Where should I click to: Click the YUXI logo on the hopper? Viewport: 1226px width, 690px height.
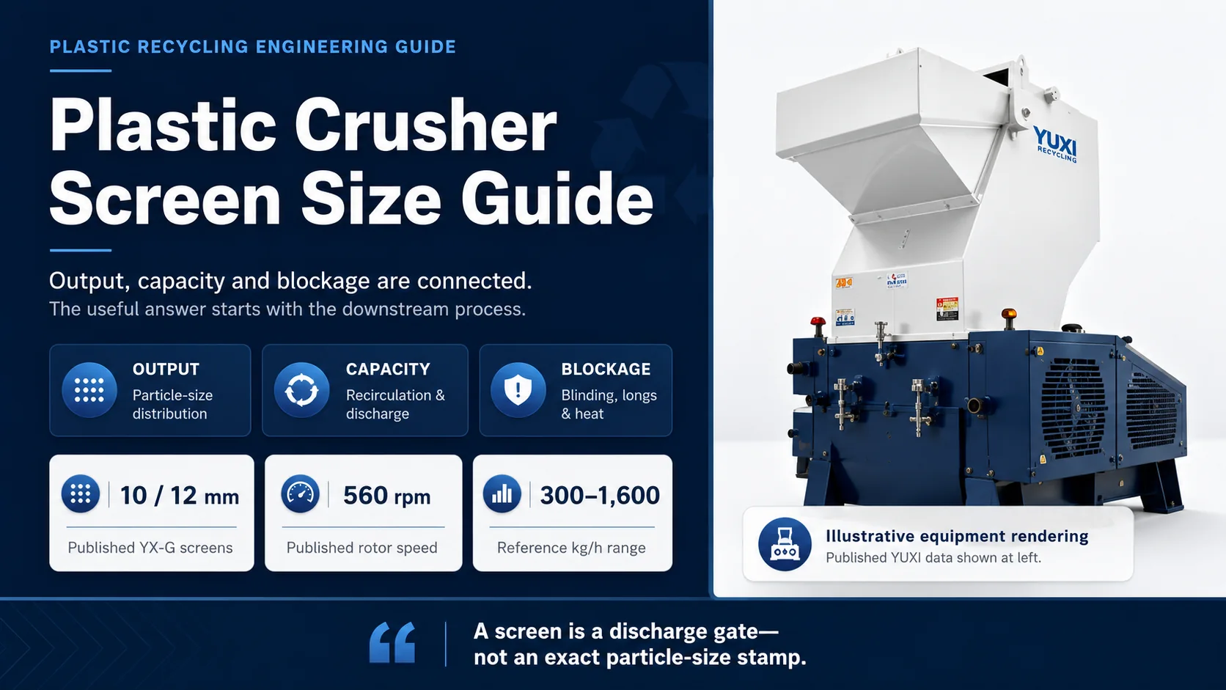pos(1055,144)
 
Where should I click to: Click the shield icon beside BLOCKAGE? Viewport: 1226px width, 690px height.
pos(518,390)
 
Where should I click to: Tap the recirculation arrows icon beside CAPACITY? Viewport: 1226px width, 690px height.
pos(301,390)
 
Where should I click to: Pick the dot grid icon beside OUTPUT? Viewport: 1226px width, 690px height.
pos(89,390)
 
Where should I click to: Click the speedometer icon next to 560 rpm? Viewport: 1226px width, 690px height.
pos(300,494)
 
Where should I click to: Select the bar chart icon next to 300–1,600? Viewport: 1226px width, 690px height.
pos(502,494)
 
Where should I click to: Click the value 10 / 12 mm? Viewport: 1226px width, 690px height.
pos(180,496)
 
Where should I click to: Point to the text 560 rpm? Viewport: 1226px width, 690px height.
pos(387,496)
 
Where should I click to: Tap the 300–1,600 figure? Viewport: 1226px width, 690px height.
pos(600,496)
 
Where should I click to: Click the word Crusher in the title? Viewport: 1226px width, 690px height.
pos(425,126)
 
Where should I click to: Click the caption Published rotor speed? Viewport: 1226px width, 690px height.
pos(361,548)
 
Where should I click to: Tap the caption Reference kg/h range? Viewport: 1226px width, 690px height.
pos(571,548)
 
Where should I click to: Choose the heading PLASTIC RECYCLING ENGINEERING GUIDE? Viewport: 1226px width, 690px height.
pos(253,47)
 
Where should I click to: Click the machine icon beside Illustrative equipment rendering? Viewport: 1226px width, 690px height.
pos(785,544)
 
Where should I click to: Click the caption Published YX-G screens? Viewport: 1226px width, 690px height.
pos(150,548)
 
